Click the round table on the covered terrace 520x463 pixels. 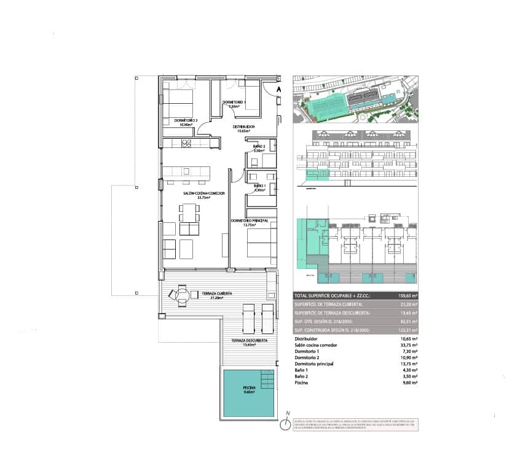point(181,296)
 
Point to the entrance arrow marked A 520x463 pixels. point(278,90)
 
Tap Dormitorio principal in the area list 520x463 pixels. point(314,364)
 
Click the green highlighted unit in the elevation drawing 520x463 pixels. point(317,176)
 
